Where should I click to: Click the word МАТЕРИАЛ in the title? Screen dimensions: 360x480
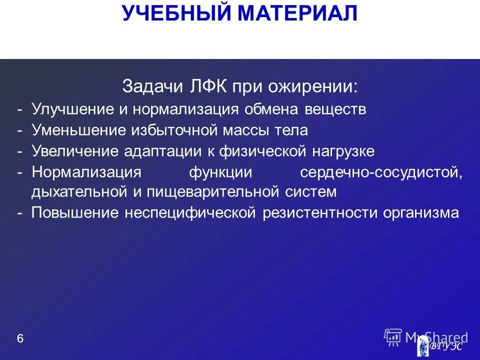tap(297, 13)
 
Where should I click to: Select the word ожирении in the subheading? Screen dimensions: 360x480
tap(319, 87)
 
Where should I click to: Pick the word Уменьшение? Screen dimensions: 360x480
tap(77, 130)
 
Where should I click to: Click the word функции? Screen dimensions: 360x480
tap(220, 172)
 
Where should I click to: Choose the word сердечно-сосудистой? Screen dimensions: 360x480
tap(381, 172)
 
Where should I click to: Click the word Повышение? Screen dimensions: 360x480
tap(75, 213)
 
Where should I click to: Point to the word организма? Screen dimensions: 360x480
tap(421, 213)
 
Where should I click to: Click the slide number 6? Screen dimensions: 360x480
tap(20, 338)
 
